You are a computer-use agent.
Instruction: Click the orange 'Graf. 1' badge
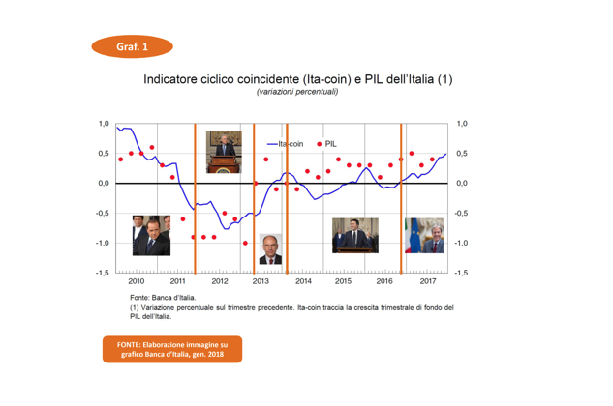tap(132, 45)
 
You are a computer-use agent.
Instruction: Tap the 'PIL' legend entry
tap(330, 143)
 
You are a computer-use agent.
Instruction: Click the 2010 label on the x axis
tap(136, 282)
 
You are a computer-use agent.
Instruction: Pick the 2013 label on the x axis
tap(261, 282)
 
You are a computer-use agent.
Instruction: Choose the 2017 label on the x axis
tap(428, 282)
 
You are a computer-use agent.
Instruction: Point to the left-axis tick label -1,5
tap(101, 273)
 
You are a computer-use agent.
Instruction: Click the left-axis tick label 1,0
tap(103, 124)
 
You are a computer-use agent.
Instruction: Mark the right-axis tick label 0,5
tap(462, 154)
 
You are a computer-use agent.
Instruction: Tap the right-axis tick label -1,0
tap(461, 243)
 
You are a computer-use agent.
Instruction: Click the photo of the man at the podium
tap(224, 152)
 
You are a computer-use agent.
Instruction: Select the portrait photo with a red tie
tap(270, 248)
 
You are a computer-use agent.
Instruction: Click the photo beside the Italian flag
tap(422, 235)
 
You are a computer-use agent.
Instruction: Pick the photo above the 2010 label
tap(151, 235)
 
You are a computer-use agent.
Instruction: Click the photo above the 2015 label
tap(354, 235)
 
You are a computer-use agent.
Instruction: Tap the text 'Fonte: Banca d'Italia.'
tap(163, 297)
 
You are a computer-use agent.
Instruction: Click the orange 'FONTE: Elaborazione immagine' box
tap(172, 349)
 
